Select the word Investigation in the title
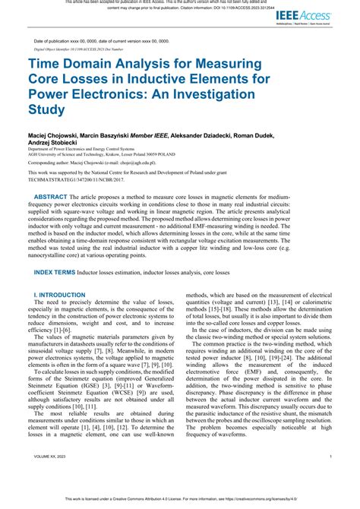tap(219, 96)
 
